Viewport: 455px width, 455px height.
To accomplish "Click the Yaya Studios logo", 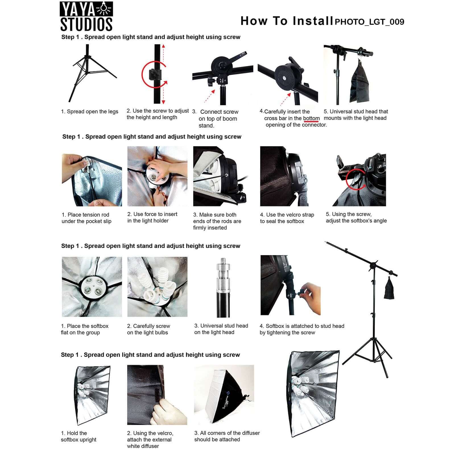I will pos(86,16).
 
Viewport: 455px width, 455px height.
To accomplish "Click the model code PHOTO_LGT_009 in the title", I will pos(369,22).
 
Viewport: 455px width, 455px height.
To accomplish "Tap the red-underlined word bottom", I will pos(311,118).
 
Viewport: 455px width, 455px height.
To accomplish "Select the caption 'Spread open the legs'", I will pos(90,111).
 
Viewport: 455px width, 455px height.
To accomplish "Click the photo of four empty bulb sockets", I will pos(92,287).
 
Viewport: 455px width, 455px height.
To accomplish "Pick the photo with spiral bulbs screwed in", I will pos(157,287).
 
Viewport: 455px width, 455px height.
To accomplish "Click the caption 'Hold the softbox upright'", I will pos(78,436).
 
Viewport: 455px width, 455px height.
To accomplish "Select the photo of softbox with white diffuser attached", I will pos(224,392).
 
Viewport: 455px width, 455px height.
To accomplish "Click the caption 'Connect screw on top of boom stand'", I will pos(218,118).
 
